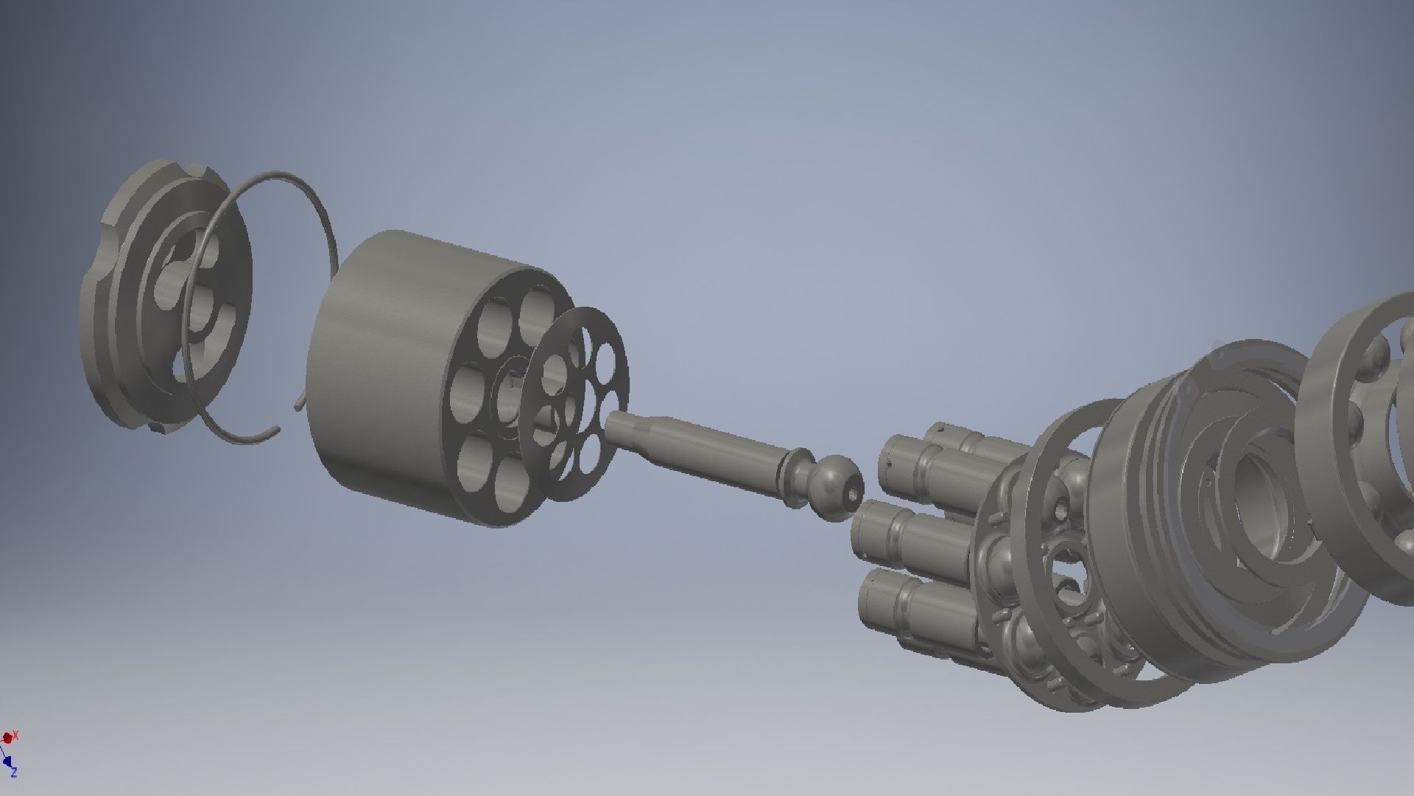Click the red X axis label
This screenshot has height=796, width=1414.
[15, 735]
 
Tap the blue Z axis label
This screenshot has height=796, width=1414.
[13, 772]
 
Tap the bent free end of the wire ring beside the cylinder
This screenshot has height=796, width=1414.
[299, 402]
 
